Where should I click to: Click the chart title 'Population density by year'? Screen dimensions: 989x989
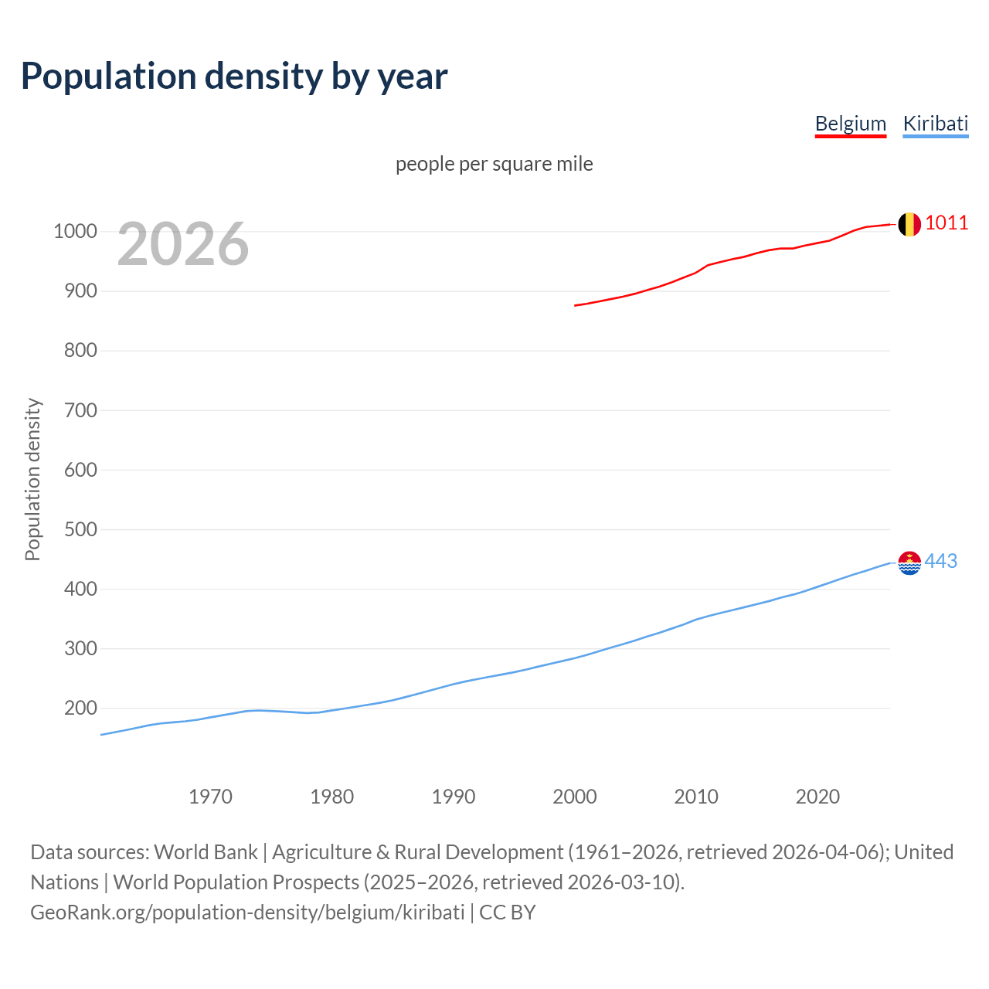pos(234,76)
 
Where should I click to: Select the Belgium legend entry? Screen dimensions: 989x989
pos(850,124)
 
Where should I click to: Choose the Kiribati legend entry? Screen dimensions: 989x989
pos(935,124)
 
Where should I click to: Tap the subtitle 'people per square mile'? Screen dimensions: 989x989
pos(494,165)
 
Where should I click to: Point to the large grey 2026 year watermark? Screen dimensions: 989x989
pos(183,244)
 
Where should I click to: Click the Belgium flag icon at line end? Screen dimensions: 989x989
pos(909,224)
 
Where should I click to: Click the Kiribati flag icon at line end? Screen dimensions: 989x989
pos(909,562)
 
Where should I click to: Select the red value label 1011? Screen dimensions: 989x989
pos(947,223)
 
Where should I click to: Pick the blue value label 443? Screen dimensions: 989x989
pos(940,562)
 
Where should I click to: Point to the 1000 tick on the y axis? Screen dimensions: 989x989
pos(75,232)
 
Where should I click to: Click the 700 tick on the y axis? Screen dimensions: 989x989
pos(81,410)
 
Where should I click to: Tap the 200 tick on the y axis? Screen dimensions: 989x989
pos(81,708)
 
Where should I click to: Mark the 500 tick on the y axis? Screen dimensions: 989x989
pos(81,529)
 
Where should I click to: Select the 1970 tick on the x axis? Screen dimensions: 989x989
pos(210,797)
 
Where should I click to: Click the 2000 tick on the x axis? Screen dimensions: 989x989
pos(574,797)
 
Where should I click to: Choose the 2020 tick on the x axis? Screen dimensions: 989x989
pos(817,797)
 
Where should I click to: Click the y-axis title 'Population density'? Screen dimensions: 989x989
pos(32,479)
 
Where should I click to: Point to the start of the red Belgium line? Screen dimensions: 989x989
pos(576,305)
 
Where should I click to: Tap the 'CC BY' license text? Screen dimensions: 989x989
pos(507,913)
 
